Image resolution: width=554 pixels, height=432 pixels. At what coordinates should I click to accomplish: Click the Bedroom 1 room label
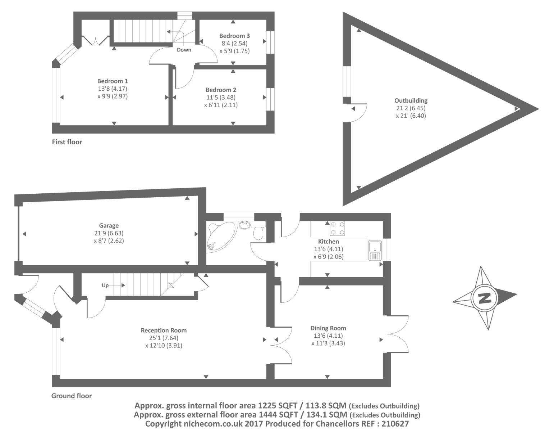[113, 81]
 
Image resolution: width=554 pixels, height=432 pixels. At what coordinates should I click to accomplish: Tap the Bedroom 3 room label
[234, 36]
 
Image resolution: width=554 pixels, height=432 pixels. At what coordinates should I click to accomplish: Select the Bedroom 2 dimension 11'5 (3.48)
[221, 98]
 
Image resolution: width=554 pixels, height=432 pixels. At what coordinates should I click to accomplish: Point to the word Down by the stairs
[184, 50]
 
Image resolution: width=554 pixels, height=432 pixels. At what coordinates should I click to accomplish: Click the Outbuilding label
[411, 100]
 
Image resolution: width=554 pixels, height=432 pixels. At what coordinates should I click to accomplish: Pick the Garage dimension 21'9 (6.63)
[109, 233]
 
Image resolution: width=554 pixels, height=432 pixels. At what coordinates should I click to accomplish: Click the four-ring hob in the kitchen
[337, 228]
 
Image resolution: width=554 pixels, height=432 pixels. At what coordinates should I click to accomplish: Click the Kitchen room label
[329, 242]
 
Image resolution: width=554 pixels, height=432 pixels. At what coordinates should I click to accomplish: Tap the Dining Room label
[328, 328]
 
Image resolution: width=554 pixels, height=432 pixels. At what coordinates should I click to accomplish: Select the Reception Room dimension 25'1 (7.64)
[164, 338]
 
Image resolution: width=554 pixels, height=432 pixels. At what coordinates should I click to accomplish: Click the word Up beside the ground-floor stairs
[105, 285]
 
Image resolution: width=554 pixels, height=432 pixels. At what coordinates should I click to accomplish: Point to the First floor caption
[67, 142]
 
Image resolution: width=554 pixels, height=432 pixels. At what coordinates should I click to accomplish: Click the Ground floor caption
[72, 396]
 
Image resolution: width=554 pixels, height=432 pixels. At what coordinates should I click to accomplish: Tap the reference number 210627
[394, 424]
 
